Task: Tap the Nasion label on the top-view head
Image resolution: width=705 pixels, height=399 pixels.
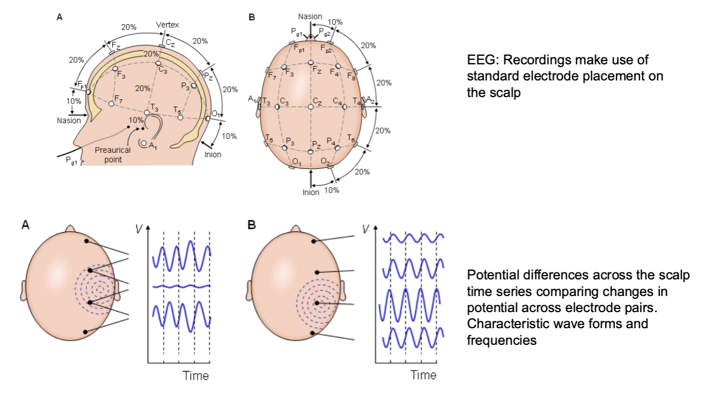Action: click(x=310, y=18)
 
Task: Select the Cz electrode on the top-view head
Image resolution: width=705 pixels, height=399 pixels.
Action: click(x=311, y=107)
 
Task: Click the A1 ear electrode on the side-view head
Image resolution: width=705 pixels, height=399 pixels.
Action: click(x=143, y=143)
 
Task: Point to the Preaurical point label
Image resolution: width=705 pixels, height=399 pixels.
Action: click(x=112, y=154)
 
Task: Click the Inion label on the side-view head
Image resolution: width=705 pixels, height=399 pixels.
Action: click(x=212, y=154)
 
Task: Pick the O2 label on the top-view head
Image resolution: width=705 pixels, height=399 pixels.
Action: click(x=325, y=162)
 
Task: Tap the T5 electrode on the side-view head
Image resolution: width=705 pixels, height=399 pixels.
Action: click(x=180, y=117)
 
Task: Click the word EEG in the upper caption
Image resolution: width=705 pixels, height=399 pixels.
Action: click(x=479, y=60)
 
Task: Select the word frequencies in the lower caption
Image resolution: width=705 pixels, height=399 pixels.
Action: click(x=502, y=339)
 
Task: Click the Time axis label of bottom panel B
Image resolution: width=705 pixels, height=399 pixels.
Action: click(x=423, y=375)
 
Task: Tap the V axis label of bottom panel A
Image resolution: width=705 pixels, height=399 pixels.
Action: click(x=139, y=229)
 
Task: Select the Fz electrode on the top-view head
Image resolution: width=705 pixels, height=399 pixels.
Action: click(x=311, y=63)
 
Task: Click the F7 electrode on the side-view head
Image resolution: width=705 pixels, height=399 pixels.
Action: click(x=112, y=104)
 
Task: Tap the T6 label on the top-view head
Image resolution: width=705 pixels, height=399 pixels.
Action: click(x=351, y=138)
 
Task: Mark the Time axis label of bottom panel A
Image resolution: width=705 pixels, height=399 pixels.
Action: click(x=196, y=375)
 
